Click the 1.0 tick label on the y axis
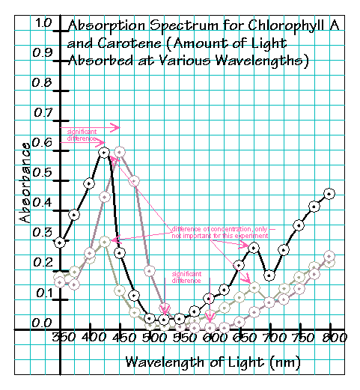[44, 24]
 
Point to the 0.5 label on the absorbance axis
[44, 173]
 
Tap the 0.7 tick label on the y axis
[44, 113]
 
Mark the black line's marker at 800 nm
[329, 193]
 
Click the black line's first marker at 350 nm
[61, 243]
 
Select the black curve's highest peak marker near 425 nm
[105, 153]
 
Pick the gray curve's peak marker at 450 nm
[120, 152]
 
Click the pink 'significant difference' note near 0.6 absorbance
[82, 135]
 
